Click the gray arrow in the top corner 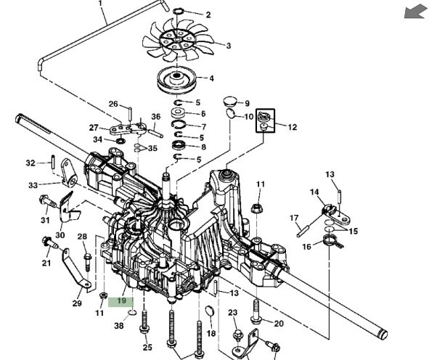[416, 12]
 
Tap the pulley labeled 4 [177, 78]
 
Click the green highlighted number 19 [121, 301]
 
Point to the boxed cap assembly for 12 [266, 120]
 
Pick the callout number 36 [156, 117]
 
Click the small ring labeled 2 [178, 12]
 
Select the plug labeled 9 [229, 101]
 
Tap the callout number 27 [94, 128]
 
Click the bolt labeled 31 [49, 201]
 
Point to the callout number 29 [77, 303]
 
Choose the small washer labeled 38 [132, 312]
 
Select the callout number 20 [279, 324]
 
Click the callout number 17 [294, 218]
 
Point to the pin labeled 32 [53, 163]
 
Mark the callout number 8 [203, 147]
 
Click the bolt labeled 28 [87, 262]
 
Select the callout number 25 [147, 347]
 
